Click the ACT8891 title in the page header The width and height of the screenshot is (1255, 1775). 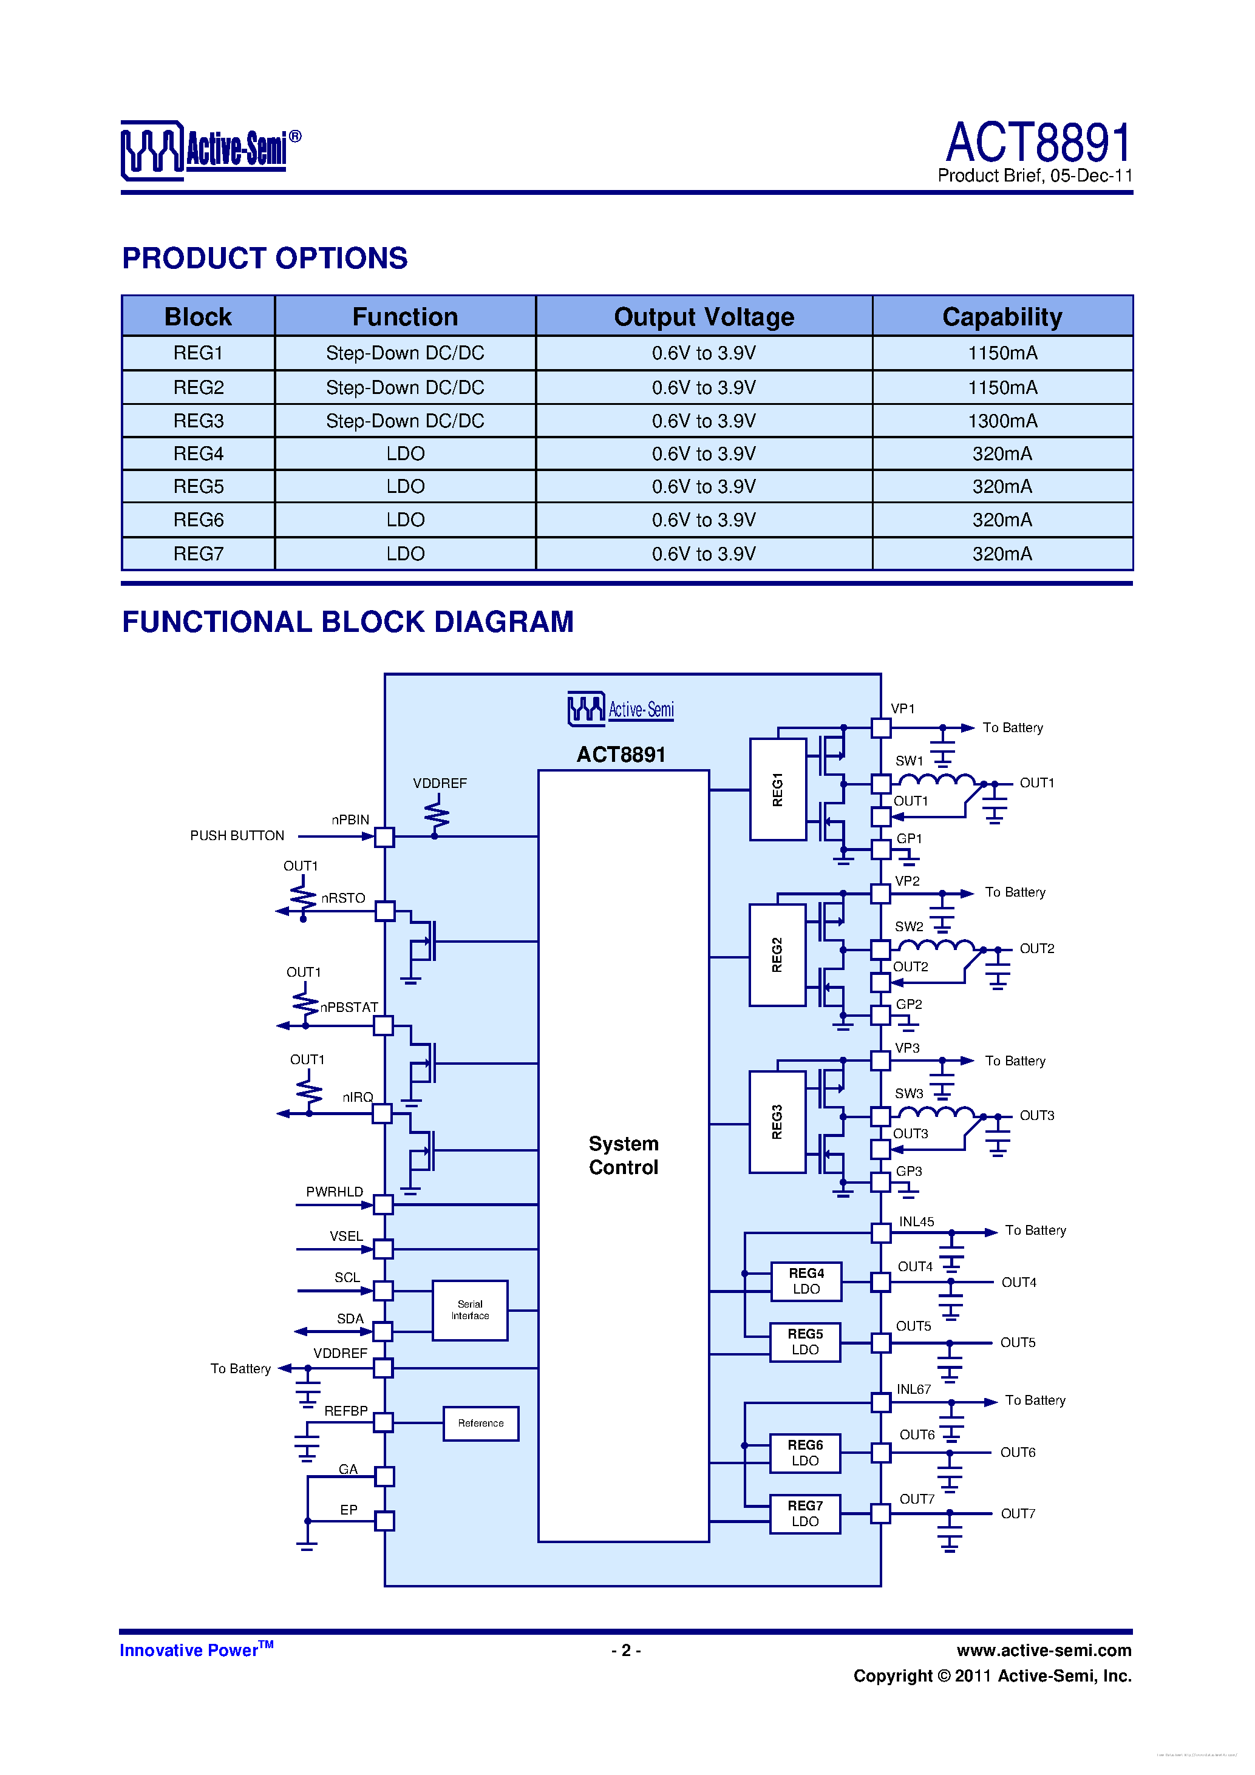coord(1038,143)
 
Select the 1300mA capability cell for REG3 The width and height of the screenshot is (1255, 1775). coord(1002,421)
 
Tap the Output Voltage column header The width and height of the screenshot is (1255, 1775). coord(704,317)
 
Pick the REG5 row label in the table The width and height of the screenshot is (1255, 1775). coord(198,487)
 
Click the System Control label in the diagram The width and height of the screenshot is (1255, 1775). coord(623,1155)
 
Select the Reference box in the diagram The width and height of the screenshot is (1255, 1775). coord(480,1424)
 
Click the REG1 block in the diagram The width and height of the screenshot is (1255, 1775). coord(778,789)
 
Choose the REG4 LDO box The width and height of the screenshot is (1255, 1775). coord(806,1281)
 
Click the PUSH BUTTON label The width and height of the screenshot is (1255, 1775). coord(237,836)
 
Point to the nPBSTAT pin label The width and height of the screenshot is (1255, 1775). coord(349,1007)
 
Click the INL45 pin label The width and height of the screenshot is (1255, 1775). coord(916,1222)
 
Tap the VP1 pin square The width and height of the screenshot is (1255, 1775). coord(881,727)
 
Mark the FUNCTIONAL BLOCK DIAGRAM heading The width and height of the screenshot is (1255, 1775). coord(348,622)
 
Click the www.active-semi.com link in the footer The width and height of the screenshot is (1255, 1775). coord(1044,1651)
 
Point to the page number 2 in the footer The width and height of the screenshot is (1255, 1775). coord(625,1651)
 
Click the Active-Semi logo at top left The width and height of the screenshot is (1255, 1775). coord(210,150)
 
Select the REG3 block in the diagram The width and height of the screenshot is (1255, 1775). coord(777,1122)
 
